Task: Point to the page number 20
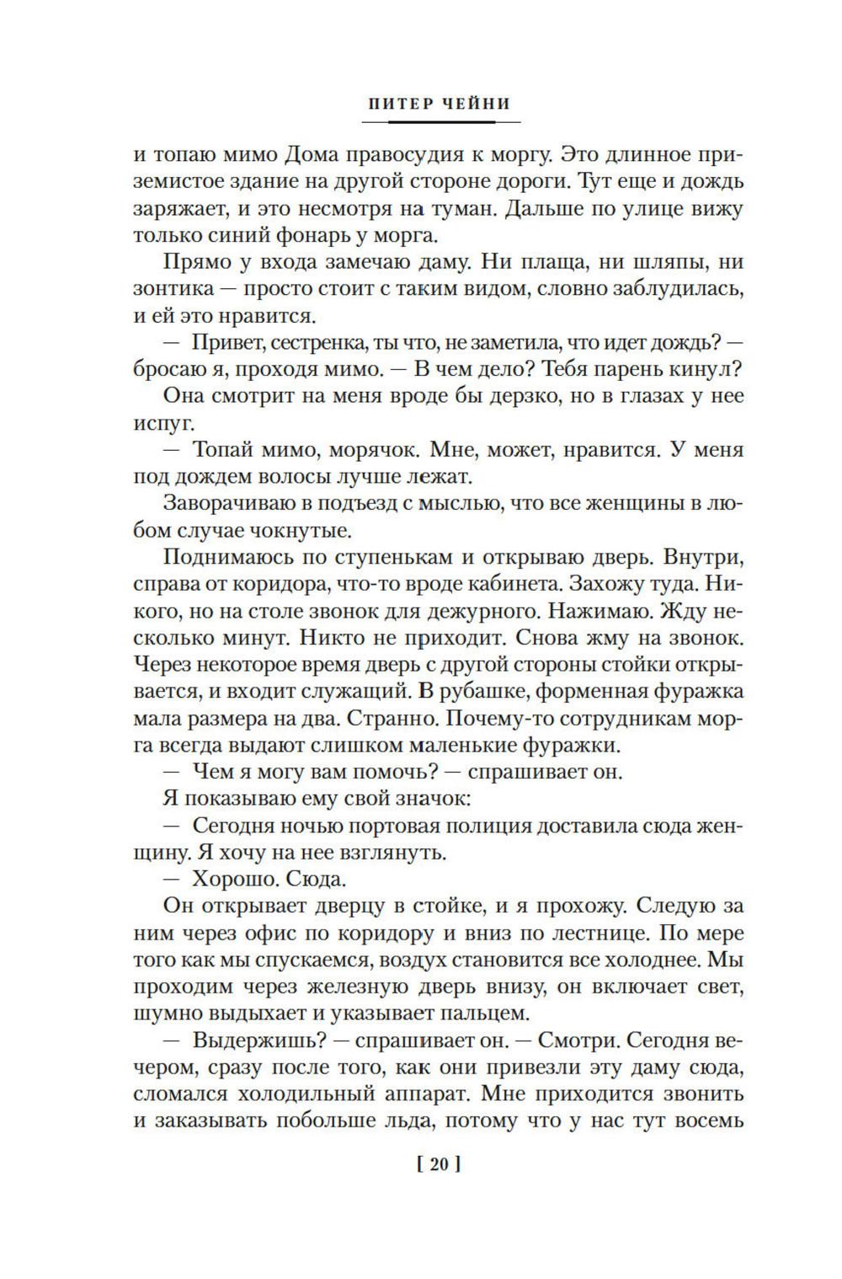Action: coord(438,1165)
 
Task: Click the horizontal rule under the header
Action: coord(437,122)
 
